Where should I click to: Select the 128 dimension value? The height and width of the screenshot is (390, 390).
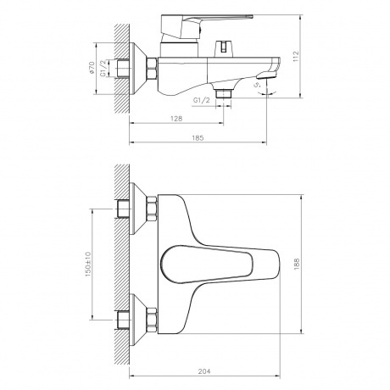pyautogui.click(x=175, y=119)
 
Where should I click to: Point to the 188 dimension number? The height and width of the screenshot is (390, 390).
pyautogui.click(x=297, y=264)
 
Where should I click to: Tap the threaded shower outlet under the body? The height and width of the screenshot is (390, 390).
pyautogui.click(x=224, y=91)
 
